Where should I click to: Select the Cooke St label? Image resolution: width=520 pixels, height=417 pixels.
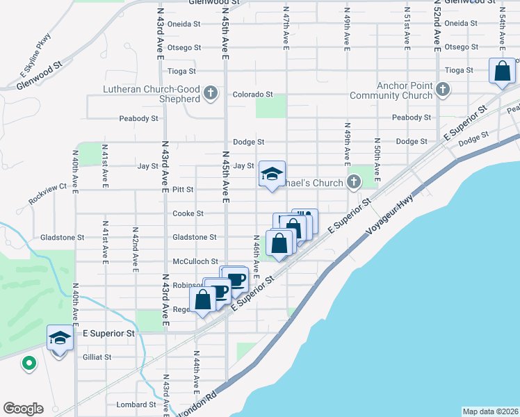click(188, 213)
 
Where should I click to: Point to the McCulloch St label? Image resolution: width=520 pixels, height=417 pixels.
click(195, 262)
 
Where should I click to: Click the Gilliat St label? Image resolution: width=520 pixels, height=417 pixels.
click(97, 357)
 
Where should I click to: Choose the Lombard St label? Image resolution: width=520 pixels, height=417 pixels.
click(137, 404)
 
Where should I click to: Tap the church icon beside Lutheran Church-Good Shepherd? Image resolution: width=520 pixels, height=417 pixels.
click(211, 93)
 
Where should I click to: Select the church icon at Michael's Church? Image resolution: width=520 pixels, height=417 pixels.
click(354, 183)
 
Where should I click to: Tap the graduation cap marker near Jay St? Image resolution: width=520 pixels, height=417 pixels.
click(272, 174)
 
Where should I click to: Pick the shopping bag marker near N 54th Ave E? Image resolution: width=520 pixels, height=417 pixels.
click(502, 72)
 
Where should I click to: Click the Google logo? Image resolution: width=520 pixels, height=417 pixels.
click(23, 409)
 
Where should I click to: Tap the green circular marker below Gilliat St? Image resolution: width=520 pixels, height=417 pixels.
click(29, 363)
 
